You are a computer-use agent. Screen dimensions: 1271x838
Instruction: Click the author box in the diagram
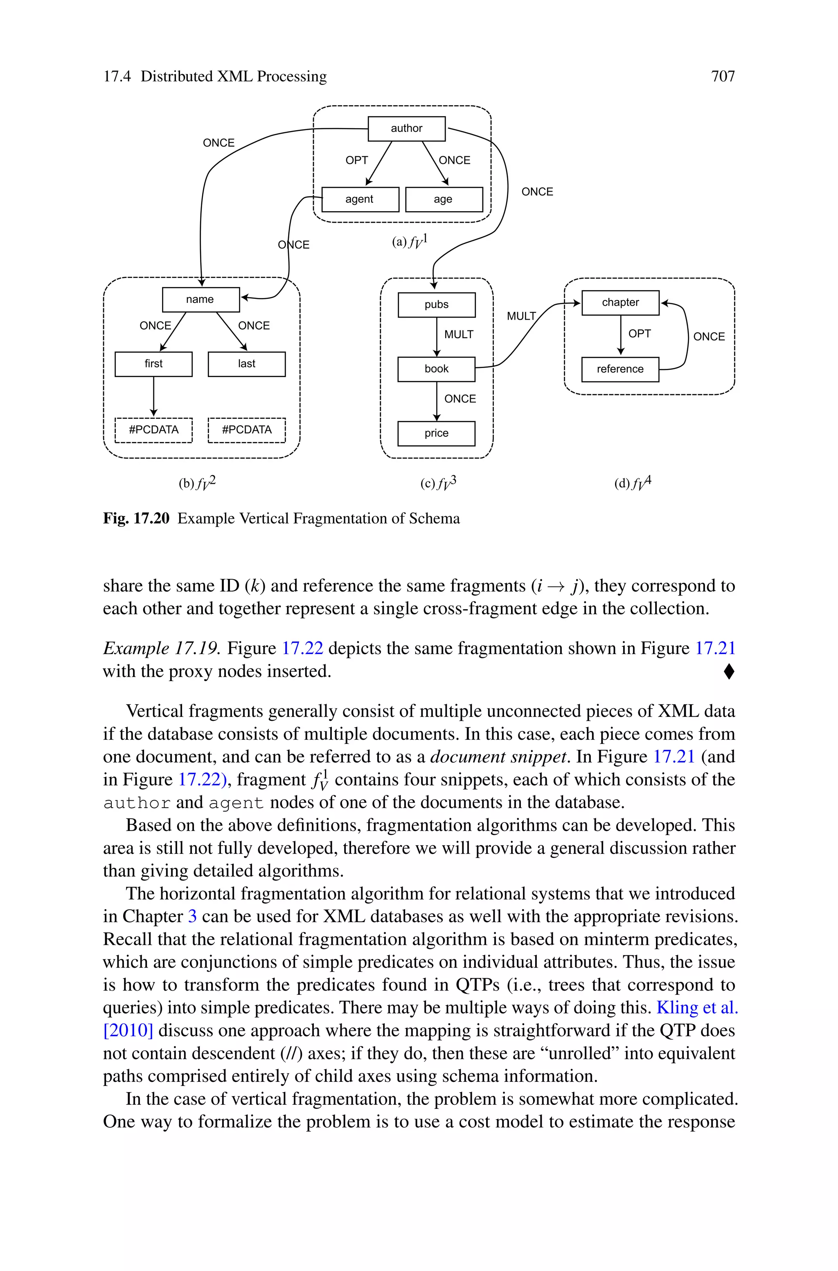click(x=406, y=128)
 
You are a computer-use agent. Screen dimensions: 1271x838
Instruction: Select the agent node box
click(x=360, y=199)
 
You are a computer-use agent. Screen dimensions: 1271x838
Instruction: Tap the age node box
click(x=444, y=199)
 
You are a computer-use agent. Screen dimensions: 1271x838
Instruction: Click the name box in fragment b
click(x=200, y=299)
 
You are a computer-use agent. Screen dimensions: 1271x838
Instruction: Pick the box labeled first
click(x=153, y=364)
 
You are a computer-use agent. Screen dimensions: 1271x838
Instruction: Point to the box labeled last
click(x=246, y=364)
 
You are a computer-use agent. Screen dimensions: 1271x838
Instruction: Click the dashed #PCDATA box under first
click(x=153, y=430)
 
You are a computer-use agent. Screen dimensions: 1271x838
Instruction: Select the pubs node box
click(x=436, y=305)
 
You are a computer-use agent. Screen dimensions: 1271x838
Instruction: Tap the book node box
click(x=436, y=369)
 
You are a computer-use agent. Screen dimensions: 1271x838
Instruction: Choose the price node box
click(x=436, y=433)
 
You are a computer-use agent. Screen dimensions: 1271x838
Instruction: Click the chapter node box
click(x=620, y=303)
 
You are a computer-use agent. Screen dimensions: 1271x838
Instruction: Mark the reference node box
click(x=620, y=369)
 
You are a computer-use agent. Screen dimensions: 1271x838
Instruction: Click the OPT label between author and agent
click(x=356, y=160)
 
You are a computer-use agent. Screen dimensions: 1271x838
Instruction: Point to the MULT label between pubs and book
click(x=459, y=334)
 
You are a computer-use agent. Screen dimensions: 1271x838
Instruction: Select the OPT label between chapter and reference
click(x=639, y=334)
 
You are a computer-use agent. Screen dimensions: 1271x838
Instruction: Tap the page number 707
click(x=723, y=77)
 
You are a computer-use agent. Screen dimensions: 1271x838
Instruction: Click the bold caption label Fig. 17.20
click(x=136, y=519)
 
